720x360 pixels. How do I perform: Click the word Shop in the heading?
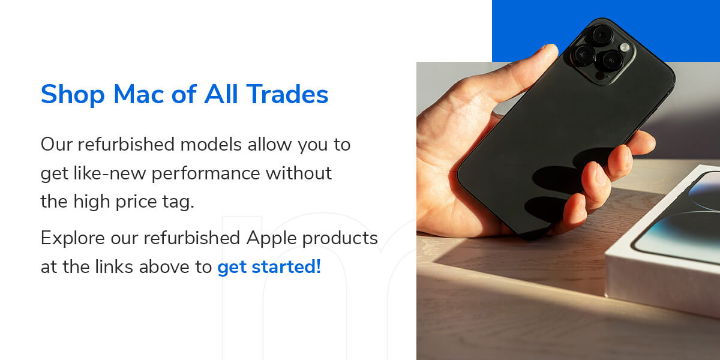[x=73, y=95]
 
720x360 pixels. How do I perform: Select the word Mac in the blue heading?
[x=139, y=94]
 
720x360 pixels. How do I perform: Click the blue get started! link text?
[x=269, y=268]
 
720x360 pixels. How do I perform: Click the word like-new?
[x=110, y=173]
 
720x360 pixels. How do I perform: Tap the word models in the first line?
[x=211, y=145]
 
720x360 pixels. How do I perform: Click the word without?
[x=299, y=173]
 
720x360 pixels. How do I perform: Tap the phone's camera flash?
[x=624, y=47]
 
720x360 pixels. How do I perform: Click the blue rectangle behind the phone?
[x=606, y=31]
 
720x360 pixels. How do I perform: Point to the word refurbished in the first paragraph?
[x=125, y=145]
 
